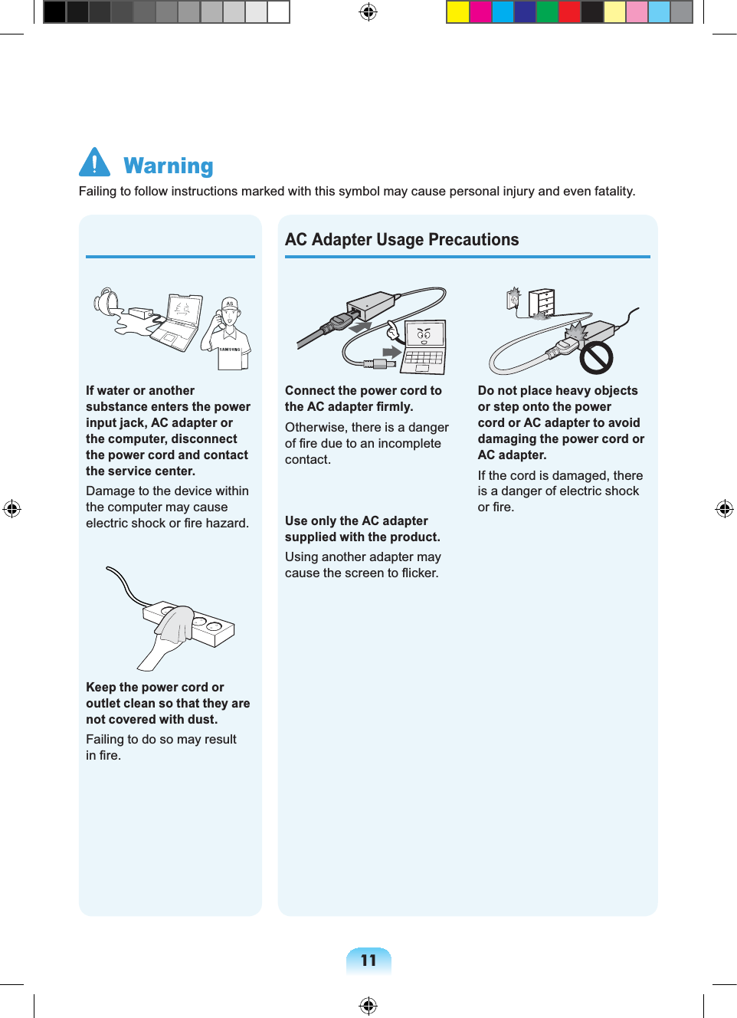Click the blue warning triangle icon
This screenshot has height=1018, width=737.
pyautogui.click(x=94, y=163)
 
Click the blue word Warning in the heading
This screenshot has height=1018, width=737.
pyautogui.click(x=169, y=166)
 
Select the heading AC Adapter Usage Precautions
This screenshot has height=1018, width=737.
pyautogui.click(x=401, y=240)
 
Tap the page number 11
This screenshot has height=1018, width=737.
pyautogui.click(x=368, y=961)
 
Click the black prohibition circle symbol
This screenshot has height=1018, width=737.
pyautogui.click(x=595, y=357)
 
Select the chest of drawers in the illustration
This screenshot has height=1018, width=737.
pyautogui.click(x=541, y=303)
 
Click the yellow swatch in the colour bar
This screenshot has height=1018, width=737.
pyautogui.click(x=457, y=12)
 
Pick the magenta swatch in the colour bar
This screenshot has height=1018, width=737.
pyautogui.click(x=480, y=12)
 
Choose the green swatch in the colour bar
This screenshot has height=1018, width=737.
pyautogui.click(x=547, y=12)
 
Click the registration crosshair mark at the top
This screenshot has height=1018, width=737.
pyautogui.click(x=368, y=12)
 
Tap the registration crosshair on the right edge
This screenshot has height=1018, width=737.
pyautogui.click(x=724, y=509)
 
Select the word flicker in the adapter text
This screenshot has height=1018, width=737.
pyautogui.click(x=419, y=573)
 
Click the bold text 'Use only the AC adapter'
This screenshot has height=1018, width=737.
pyautogui.click(x=356, y=521)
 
